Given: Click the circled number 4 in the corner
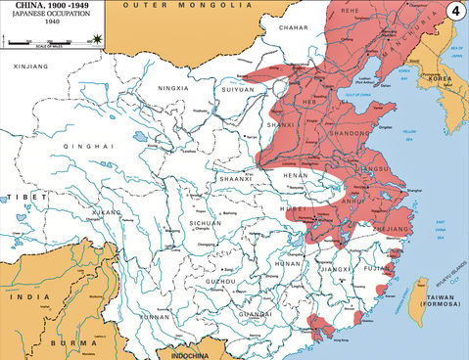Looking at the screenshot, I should click(454, 13).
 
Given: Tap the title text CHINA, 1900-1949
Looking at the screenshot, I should click(50, 8).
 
